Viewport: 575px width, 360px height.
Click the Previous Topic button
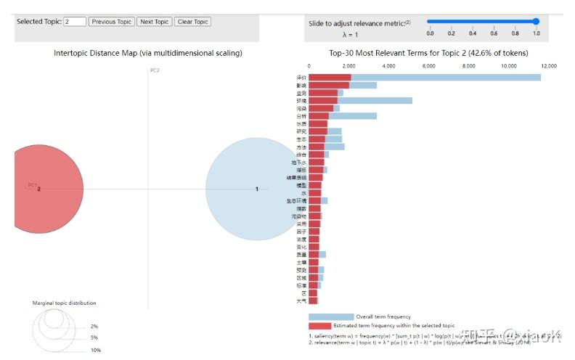[x=112, y=22]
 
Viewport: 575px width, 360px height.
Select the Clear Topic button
[x=192, y=22]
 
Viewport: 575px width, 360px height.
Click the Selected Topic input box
[x=75, y=22]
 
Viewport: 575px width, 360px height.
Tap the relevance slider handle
[x=536, y=22]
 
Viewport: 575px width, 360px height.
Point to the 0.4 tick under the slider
[x=472, y=33]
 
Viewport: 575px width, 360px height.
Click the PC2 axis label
[x=155, y=70]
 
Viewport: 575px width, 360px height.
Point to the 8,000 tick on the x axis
[x=469, y=66]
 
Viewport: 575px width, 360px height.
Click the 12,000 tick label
[x=548, y=66]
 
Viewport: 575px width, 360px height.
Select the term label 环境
[x=301, y=101]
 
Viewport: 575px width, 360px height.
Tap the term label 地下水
[x=299, y=163]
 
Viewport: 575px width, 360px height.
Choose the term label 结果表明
[x=297, y=178]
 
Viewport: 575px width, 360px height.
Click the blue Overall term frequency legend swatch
[x=331, y=316]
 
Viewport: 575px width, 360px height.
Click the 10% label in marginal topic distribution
[x=96, y=350]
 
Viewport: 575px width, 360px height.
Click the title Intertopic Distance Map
[x=148, y=53]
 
